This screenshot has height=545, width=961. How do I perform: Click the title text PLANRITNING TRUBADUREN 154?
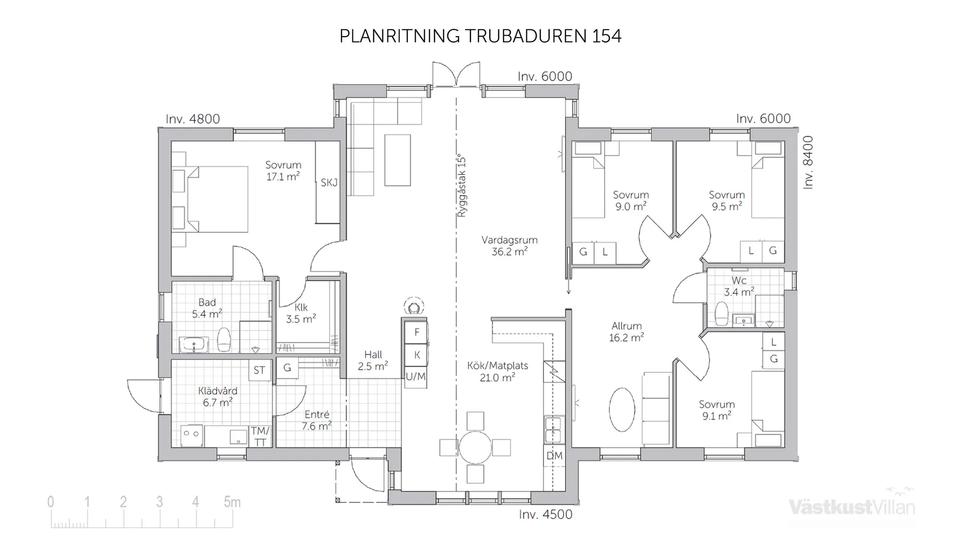tap(480, 36)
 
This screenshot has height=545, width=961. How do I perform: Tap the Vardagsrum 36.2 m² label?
tap(510, 246)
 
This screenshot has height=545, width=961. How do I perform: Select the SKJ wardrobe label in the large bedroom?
tap(329, 183)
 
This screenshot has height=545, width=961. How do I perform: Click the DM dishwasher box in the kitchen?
tap(554, 456)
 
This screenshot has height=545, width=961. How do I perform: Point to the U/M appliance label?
tap(415, 376)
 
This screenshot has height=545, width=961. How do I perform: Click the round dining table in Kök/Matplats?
tap(475, 447)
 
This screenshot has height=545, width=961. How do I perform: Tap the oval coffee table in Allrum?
tap(622, 408)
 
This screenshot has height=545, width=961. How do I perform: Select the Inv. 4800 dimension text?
tap(193, 119)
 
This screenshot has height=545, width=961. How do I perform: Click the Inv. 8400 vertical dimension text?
tap(808, 163)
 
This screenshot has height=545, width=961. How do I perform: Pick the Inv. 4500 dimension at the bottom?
tap(546, 515)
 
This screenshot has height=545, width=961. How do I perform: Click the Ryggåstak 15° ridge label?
tap(461, 185)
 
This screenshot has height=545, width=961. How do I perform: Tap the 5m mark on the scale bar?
tap(232, 502)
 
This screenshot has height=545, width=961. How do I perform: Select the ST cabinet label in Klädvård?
tap(259, 370)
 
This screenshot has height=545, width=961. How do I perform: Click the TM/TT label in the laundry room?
tap(260, 436)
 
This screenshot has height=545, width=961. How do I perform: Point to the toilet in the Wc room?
tap(721, 313)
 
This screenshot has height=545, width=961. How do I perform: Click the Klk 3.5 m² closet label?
tap(301, 313)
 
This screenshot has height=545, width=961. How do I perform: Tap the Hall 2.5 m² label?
tap(373, 360)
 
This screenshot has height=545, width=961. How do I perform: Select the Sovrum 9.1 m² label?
tap(717, 410)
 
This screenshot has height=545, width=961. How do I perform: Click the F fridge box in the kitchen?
tap(416, 332)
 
